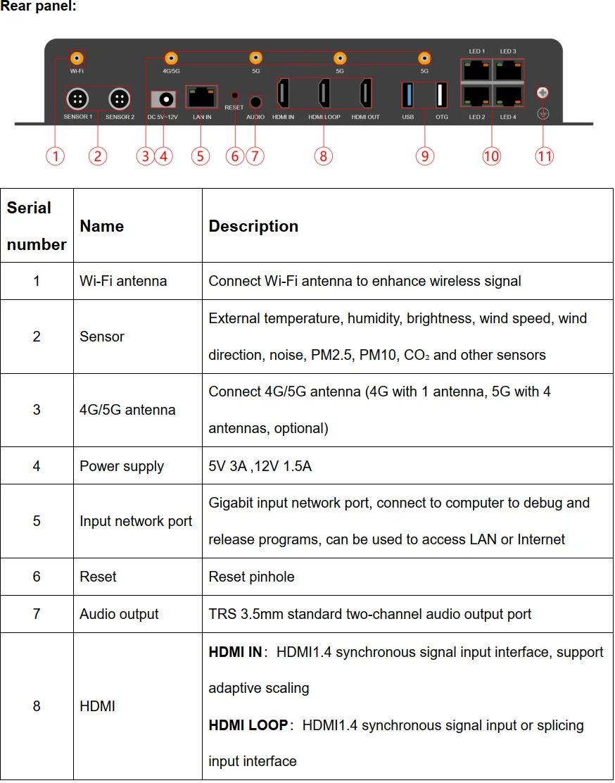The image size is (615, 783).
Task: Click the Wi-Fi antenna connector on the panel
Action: tap(75, 58)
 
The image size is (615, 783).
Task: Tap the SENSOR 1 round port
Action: tap(77, 99)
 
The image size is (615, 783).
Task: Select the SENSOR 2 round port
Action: tap(120, 99)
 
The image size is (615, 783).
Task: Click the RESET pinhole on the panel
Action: tap(235, 95)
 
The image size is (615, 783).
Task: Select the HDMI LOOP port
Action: tap(324, 93)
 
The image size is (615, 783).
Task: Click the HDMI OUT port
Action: tap(366, 93)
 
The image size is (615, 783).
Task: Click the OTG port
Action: tap(441, 95)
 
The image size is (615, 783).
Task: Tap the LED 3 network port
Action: tap(508, 70)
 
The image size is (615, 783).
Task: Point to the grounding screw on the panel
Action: tap(543, 92)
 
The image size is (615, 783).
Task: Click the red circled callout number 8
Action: tap(323, 156)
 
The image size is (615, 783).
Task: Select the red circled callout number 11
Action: tap(544, 156)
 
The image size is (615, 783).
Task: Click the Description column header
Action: tap(253, 226)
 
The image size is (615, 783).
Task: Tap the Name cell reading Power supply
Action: tap(122, 466)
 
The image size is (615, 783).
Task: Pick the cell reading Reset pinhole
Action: tap(251, 577)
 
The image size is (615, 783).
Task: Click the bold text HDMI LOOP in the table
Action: tap(248, 725)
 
